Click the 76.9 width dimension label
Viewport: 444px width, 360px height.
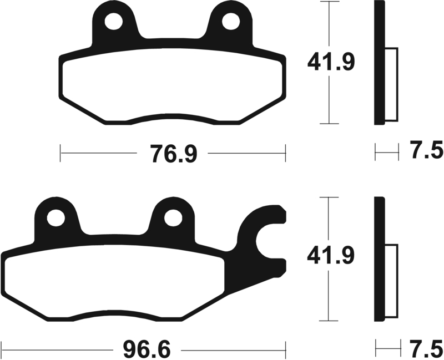[173, 154]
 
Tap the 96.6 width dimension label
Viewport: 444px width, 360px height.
[147, 350]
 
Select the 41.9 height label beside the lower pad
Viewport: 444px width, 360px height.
[331, 256]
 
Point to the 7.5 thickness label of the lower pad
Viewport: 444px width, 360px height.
[426, 348]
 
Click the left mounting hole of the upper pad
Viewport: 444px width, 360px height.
[114, 22]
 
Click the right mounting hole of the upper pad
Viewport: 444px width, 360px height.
[231, 22]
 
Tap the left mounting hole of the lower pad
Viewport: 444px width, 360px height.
[56, 218]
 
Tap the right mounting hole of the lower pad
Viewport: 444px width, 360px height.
[173, 218]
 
